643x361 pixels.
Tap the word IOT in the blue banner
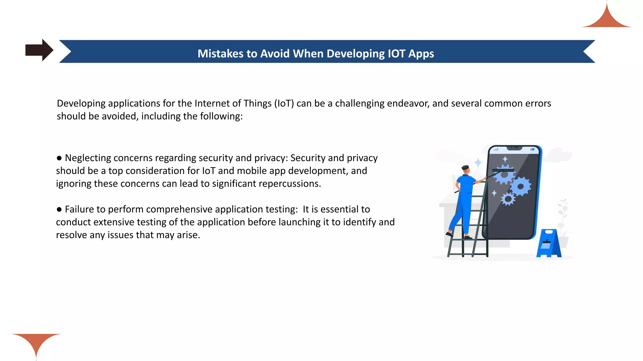(x=397, y=54)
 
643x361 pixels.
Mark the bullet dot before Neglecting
(x=59, y=158)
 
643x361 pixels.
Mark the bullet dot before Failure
(x=59, y=210)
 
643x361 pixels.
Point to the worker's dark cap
(x=465, y=168)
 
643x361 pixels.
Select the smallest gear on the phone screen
(x=508, y=199)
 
